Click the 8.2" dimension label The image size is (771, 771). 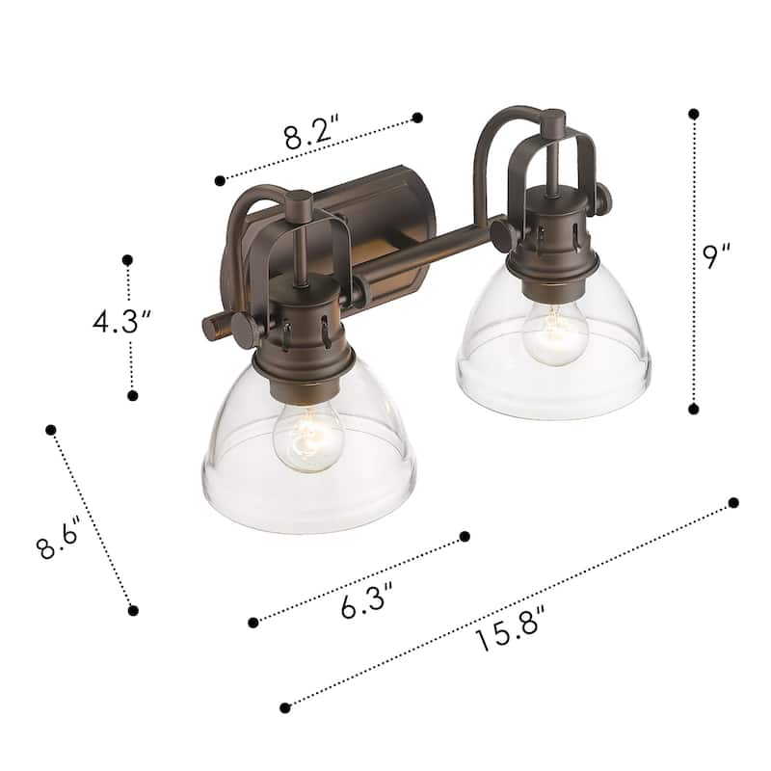[x=311, y=132]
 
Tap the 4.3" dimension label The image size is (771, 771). [x=121, y=321]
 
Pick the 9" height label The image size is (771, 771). [x=716, y=255]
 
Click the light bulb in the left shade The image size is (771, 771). [x=307, y=438]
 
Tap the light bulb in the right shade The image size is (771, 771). [x=555, y=332]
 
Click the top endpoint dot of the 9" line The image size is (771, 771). [x=694, y=114]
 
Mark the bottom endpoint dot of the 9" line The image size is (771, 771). [x=694, y=409]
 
